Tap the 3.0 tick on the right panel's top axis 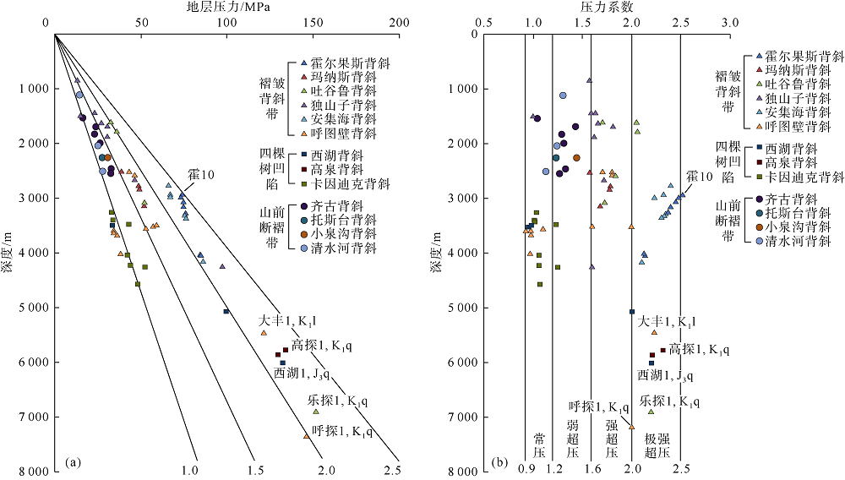coord(729,24)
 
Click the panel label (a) coord(72,461)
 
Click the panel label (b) coord(499,461)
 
